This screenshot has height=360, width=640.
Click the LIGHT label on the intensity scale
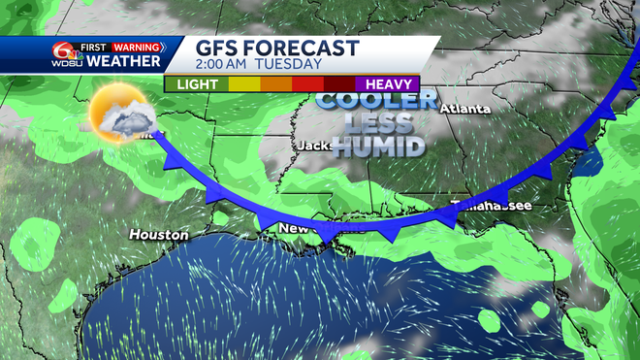click(x=197, y=84)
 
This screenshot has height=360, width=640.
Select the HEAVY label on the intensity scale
click(x=387, y=84)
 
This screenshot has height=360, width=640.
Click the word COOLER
click(x=379, y=100)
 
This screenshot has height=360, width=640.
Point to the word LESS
click(x=379, y=123)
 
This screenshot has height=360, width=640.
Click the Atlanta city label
click(x=464, y=109)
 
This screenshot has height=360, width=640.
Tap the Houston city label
click(x=158, y=235)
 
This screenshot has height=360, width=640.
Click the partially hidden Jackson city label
click(x=316, y=146)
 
